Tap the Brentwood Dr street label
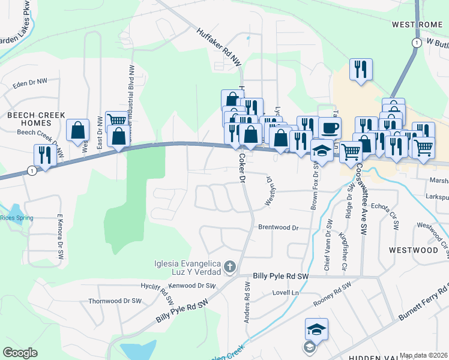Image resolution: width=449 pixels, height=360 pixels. tap(278, 228)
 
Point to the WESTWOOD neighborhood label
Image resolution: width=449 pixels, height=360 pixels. tap(413, 250)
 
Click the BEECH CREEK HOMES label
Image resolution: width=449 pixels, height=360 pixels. tap(29, 118)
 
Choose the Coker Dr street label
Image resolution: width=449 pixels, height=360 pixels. tap(242, 168)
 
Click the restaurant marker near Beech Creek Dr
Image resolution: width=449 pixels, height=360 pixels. tap(45, 154)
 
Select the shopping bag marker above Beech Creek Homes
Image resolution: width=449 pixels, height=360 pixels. tap(77, 130)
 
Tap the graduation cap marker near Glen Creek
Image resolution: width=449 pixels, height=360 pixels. tap(316, 329)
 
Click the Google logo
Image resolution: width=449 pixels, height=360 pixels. tap(20, 353)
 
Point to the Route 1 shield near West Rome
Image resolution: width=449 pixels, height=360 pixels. tap(415, 42)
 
